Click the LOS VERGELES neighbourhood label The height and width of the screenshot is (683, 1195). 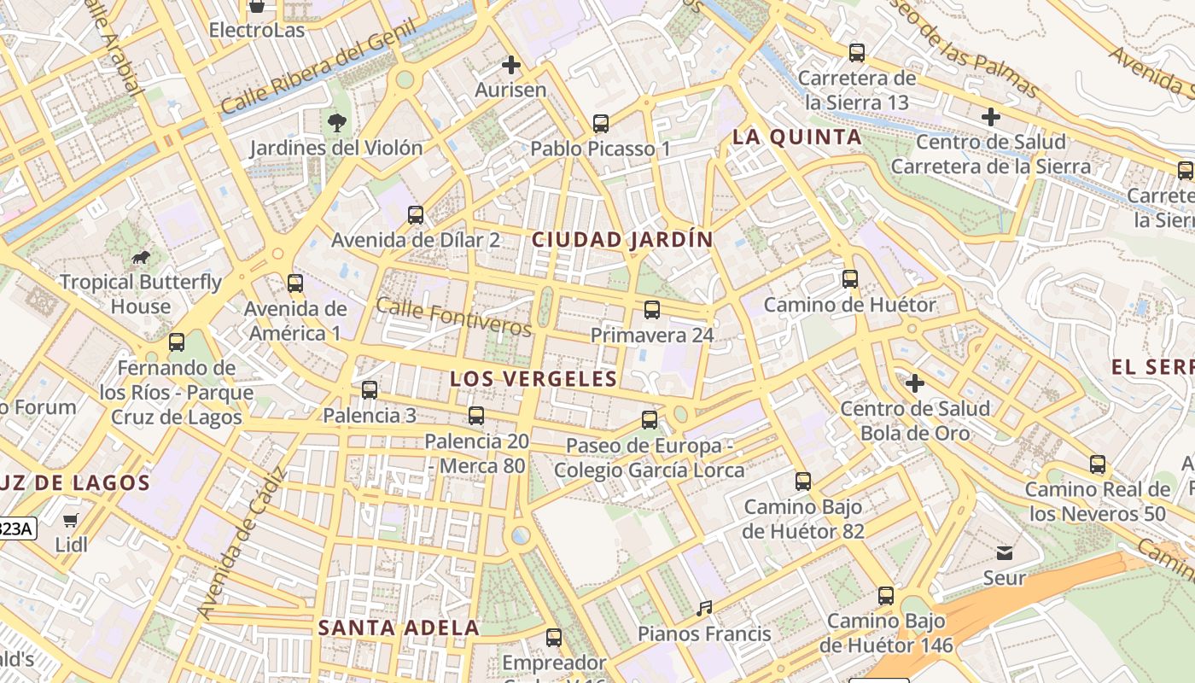pos(533,379)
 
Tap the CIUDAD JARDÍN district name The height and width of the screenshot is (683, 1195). pos(621,240)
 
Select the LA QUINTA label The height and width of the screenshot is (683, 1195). pos(797,137)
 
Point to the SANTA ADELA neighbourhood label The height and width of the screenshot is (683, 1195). pos(399,628)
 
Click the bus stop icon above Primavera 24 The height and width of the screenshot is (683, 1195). pos(652,309)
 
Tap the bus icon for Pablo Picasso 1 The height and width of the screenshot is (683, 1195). pos(601,124)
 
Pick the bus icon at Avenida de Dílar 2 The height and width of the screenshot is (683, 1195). pos(416,215)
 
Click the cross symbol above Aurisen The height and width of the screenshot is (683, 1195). pos(510,65)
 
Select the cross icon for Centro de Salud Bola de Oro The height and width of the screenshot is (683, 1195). pos(915,383)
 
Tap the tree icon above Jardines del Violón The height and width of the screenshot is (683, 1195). pos(336,122)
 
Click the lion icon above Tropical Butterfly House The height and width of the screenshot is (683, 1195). pos(140,257)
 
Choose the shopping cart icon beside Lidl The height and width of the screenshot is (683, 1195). pos(70,520)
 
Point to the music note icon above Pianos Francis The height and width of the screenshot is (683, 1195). pos(704,609)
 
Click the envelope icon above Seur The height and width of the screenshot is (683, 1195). pos(1005,553)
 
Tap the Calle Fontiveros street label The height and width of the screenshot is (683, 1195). pos(453,317)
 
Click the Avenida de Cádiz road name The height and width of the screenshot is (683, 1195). pos(241,544)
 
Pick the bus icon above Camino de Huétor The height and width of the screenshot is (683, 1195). pos(849,279)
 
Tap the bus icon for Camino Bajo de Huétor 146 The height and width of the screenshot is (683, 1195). pos(886,596)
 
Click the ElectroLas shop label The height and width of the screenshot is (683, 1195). pos(256,31)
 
